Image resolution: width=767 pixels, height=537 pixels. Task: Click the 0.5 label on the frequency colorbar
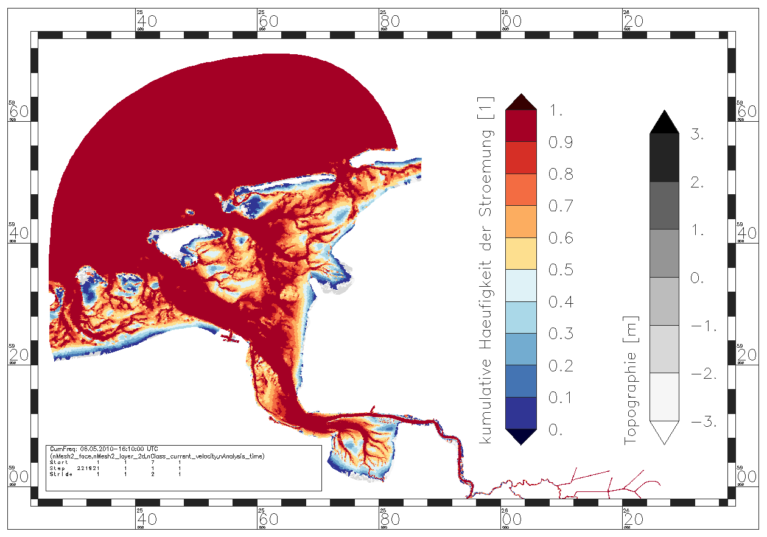561,270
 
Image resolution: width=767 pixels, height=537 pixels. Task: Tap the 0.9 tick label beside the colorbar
561,143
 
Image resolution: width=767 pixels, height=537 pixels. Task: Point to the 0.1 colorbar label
561,398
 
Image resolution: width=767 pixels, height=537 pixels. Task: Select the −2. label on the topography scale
702,373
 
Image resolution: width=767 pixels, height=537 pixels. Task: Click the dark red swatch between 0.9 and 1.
521,126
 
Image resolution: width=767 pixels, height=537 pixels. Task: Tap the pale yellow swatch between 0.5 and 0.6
521,253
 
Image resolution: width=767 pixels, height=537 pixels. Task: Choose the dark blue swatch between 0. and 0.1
521,413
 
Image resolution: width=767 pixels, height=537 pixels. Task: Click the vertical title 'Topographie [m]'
631,380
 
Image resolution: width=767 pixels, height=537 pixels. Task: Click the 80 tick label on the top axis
389,21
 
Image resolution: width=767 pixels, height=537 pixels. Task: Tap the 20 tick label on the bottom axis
633,519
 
